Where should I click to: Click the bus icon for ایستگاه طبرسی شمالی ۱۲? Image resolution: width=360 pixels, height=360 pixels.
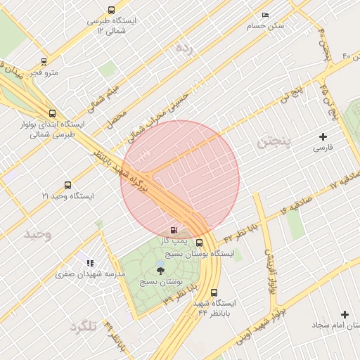tap(111, 10)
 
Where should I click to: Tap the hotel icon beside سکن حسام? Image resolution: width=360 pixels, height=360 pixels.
tap(265, 15)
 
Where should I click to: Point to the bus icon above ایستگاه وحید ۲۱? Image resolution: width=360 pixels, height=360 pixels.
tap(67, 186)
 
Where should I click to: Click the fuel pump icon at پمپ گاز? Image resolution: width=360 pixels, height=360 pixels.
tap(173, 230)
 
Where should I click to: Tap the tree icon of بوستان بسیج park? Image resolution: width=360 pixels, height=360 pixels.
tap(160, 269)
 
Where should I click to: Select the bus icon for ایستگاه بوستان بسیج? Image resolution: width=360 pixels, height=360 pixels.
tap(199, 243)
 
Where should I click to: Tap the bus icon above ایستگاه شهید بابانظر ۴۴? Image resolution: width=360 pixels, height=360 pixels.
tap(214, 292)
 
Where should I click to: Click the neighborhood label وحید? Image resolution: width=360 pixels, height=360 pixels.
tap(38, 233)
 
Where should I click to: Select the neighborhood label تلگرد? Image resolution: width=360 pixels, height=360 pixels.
tap(82, 327)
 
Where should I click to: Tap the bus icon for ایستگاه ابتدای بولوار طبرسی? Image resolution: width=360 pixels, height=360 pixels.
tap(52, 112)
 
